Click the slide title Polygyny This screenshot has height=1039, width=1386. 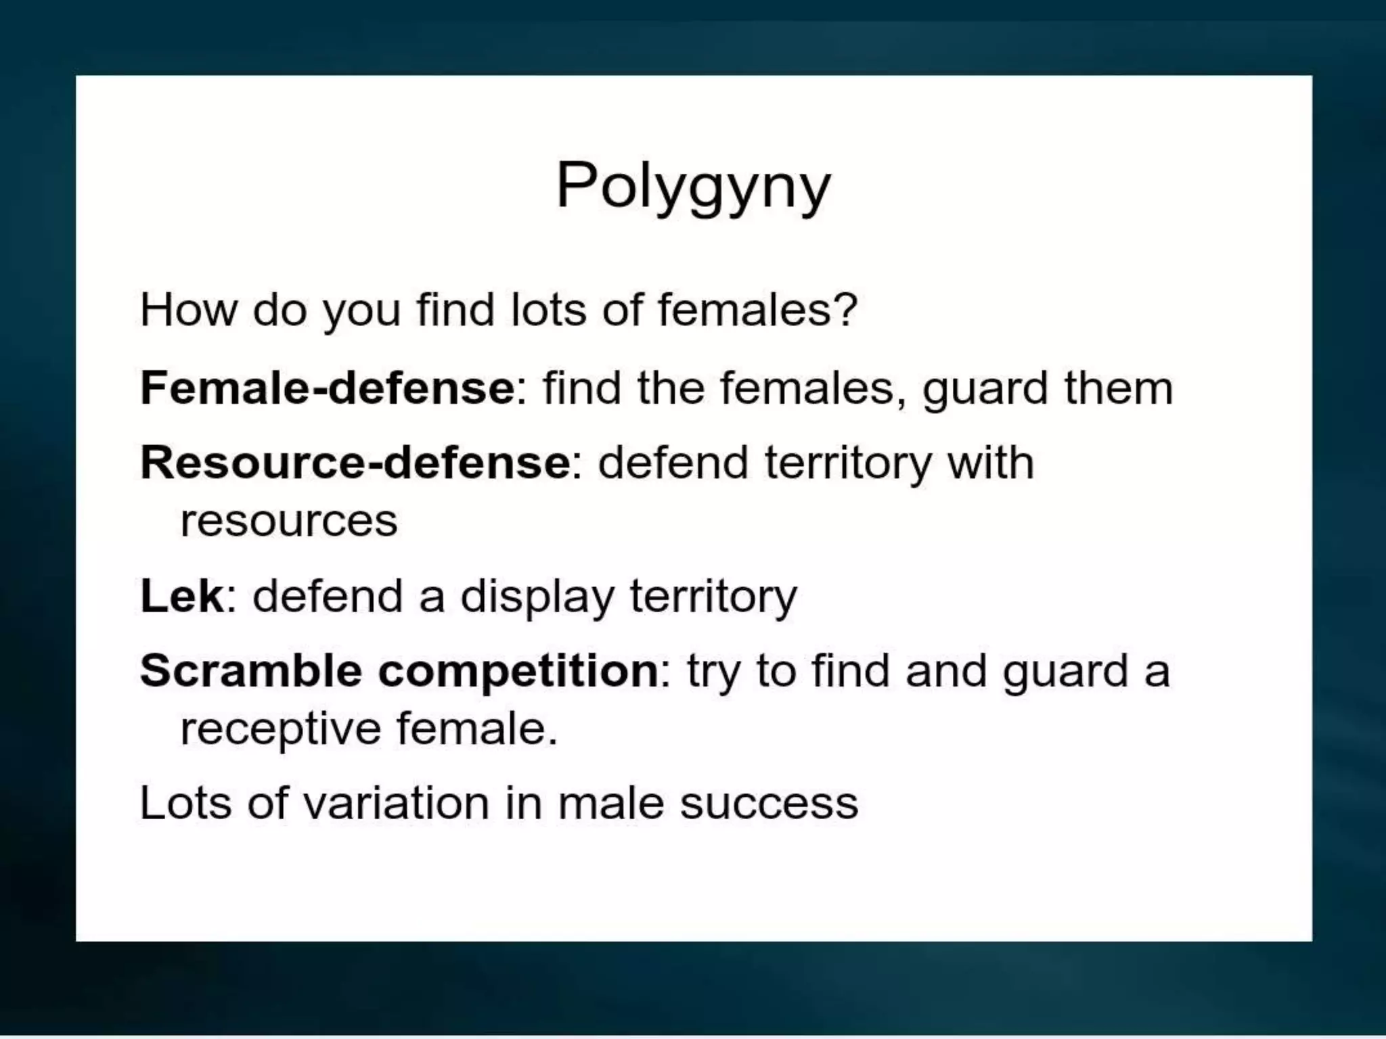pyautogui.click(x=693, y=186)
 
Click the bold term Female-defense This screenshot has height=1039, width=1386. pyautogui.click(x=327, y=388)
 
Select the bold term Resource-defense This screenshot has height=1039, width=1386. pyautogui.click(x=355, y=463)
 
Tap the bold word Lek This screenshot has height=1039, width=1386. pyautogui.click(x=181, y=597)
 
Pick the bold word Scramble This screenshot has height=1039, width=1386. pyautogui.click(x=251, y=671)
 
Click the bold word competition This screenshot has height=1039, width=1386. pyautogui.click(x=518, y=671)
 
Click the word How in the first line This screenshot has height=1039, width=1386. pyautogui.click(x=188, y=310)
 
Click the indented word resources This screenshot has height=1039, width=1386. pyautogui.click(x=289, y=522)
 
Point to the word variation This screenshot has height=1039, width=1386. pyautogui.click(x=396, y=804)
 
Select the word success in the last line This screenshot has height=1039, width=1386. pyautogui.click(x=769, y=804)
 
